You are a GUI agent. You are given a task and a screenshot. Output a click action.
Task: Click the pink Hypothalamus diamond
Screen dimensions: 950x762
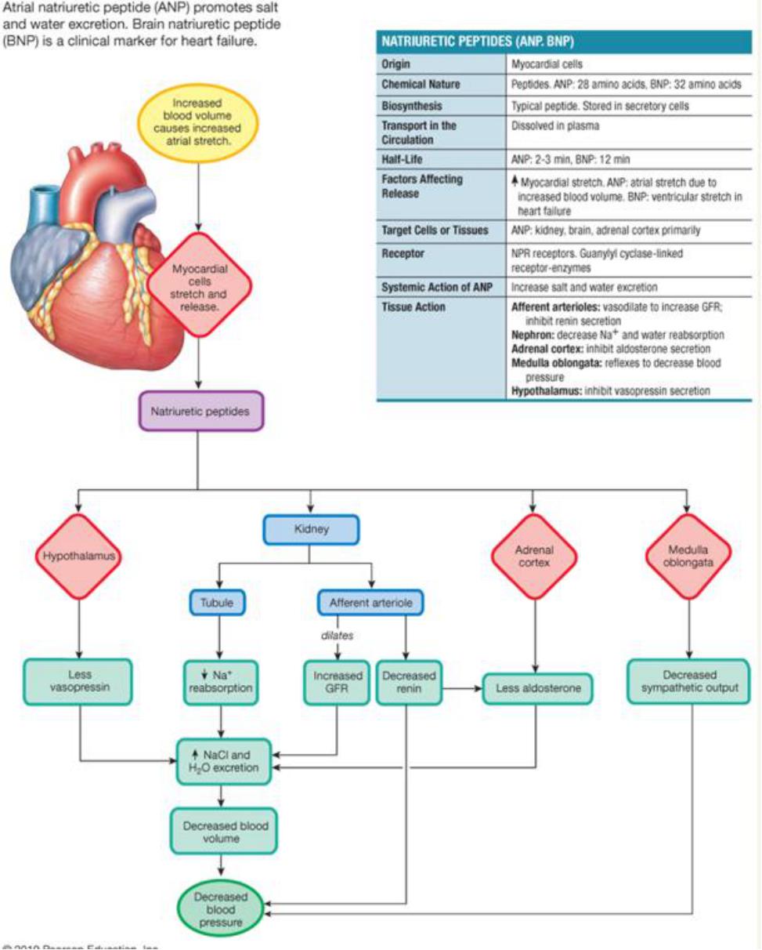pos(78,557)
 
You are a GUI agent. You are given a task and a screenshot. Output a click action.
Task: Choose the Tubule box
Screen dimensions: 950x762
pos(217,602)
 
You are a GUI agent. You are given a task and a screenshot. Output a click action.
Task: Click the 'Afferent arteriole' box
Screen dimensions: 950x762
pos(370,602)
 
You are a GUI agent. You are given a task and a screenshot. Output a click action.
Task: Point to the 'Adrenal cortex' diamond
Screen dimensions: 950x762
pos(534,557)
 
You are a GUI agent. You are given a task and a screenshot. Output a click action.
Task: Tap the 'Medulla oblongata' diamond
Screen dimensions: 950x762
pos(688,557)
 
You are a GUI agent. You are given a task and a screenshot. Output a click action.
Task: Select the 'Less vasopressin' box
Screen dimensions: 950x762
pos(78,681)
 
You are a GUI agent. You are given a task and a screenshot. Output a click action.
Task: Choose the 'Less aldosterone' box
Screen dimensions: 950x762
pos(536,687)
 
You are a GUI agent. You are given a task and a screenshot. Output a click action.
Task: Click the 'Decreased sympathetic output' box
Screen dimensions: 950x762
pos(685,681)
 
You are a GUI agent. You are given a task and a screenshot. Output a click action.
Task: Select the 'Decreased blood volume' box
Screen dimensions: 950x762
pos(223,832)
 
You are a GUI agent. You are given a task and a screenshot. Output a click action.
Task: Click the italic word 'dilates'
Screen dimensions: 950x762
pos(338,636)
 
